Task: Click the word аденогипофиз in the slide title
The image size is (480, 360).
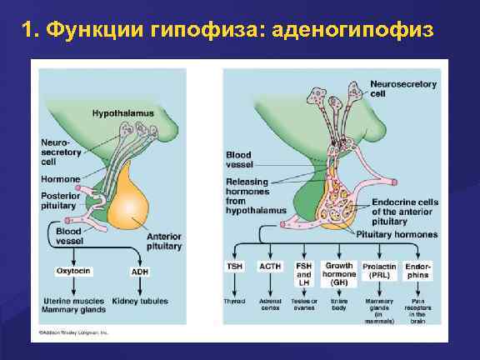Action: coord(358,31)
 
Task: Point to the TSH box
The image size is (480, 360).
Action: coord(235,266)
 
